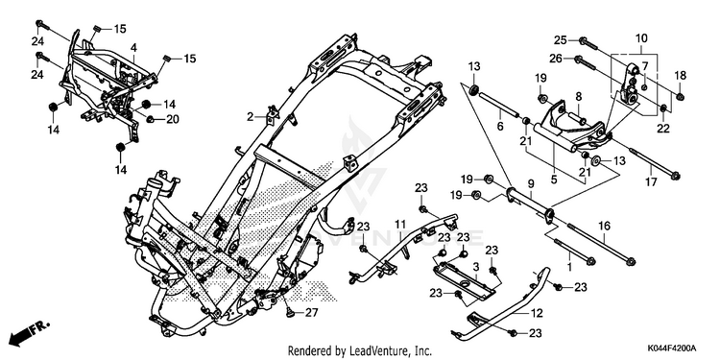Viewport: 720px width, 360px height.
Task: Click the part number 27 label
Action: [x=311, y=313]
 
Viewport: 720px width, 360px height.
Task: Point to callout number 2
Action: [x=250, y=117]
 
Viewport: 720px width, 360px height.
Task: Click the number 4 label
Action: [x=133, y=48]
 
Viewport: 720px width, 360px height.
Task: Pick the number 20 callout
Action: [x=172, y=119]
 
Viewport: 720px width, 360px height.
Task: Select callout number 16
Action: [x=604, y=226]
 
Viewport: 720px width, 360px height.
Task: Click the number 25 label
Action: [x=560, y=40]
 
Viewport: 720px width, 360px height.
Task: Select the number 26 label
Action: [x=556, y=59]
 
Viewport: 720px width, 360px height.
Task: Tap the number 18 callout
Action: [x=680, y=75]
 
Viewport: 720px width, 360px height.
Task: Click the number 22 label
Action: [x=663, y=129]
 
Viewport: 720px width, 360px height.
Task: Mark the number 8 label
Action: [x=578, y=97]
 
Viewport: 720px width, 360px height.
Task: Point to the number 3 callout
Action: [x=476, y=267]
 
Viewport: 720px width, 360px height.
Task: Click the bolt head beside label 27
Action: [x=289, y=313]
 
